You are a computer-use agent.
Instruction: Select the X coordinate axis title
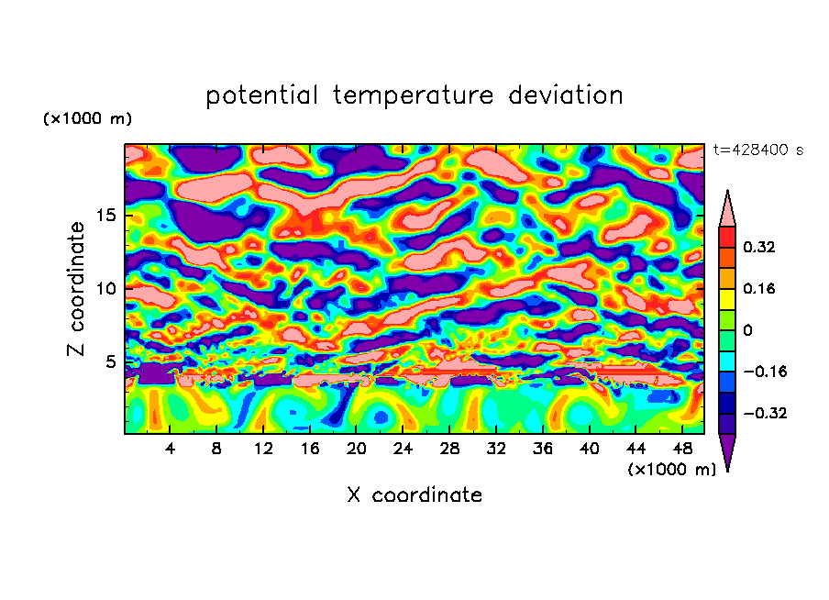(x=414, y=495)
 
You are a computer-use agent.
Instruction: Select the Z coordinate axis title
(x=77, y=289)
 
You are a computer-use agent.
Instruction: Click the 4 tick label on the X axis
(x=171, y=449)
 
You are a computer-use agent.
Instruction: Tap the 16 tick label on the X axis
(x=310, y=449)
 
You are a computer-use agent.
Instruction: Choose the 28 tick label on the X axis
(x=449, y=449)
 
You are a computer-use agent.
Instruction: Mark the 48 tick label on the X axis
(x=681, y=449)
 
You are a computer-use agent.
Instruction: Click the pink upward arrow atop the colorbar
(x=727, y=209)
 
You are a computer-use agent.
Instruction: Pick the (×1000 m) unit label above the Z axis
(x=87, y=119)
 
